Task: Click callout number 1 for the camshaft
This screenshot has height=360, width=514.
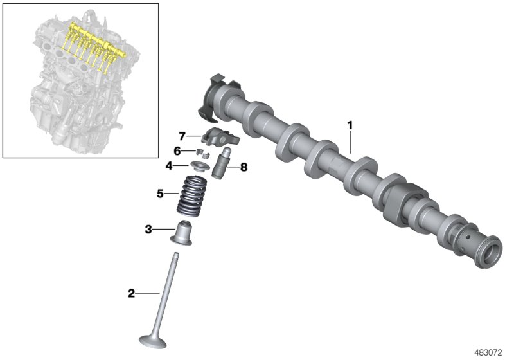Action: click(x=350, y=124)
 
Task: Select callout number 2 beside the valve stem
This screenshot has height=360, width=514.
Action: click(x=132, y=293)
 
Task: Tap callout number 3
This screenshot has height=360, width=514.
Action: click(x=148, y=229)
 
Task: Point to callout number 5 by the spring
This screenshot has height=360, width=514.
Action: click(x=161, y=192)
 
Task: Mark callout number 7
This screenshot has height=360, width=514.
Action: click(x=182, y=136)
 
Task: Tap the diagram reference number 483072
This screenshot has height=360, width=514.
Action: click(x=488, y=352)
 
